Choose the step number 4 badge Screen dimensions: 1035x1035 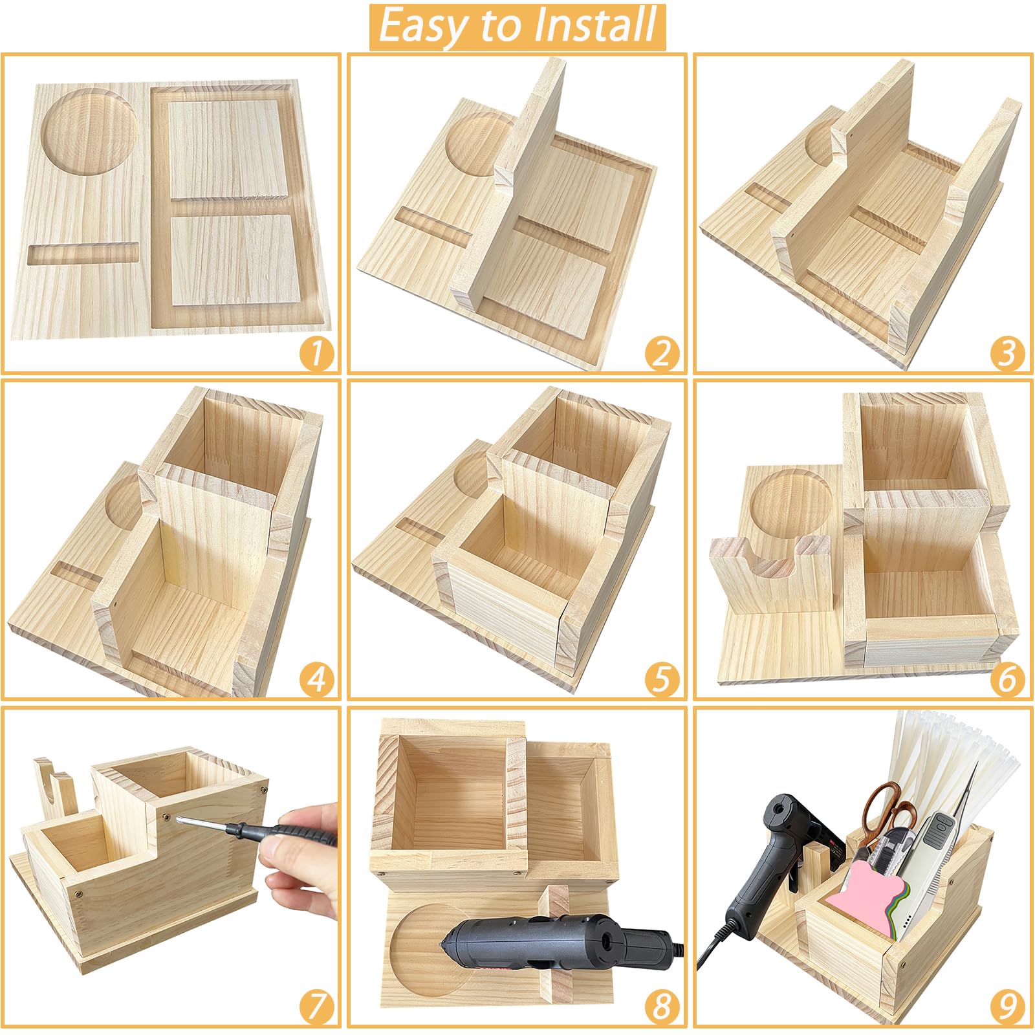tap(317, 680)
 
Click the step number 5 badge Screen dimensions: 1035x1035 tap(662, 680)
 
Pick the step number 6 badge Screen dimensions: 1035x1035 tap(1008, 680)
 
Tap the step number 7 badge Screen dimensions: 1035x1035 tap(317, 1007)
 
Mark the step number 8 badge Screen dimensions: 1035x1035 tap(662, 1007)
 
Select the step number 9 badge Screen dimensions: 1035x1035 tap(1008, 1007)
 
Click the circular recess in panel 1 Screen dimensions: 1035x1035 tap(90, 132)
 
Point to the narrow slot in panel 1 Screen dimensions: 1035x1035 tap(83, 254)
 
